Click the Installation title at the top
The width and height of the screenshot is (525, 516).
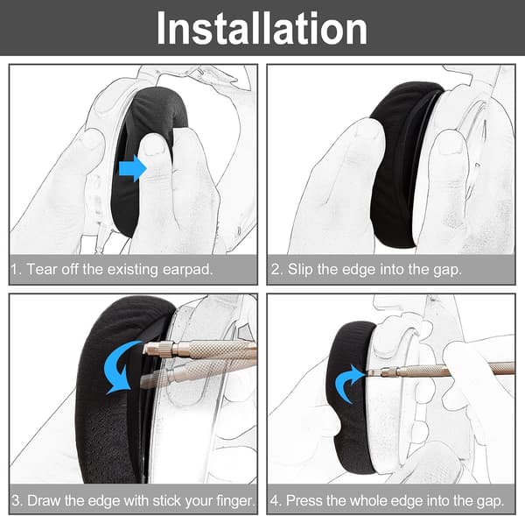click(262, 28)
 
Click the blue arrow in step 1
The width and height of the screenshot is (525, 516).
click(133, 168)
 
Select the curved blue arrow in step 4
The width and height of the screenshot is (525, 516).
click(348, 383)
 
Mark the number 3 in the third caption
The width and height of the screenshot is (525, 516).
click(16, 500)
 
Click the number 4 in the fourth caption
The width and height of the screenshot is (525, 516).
click(275, 500)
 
